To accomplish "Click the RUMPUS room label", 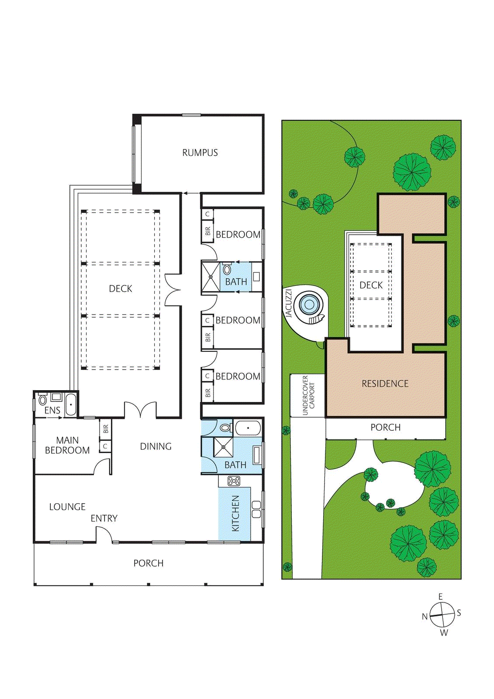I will (200, 153).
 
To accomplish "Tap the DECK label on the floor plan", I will (121, 289).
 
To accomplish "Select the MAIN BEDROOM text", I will (67, 445).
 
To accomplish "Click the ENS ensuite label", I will (52, 411).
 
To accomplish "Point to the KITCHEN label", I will (235, 513).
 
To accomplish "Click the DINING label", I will (155, 446).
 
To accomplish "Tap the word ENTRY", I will (104, 519).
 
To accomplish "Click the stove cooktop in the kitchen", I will (234, 481).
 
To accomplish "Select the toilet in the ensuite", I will (43, 400).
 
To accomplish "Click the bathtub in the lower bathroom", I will (248, 428).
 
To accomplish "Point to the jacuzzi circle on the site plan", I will (309, 304).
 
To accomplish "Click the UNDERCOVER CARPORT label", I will (308, 395).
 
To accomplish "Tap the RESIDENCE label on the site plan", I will (385, 384).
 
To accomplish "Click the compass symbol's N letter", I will (424, 616).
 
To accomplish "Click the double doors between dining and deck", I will (140, 410).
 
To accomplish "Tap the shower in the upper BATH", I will (211, 277).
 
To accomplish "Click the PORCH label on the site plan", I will (385, 427).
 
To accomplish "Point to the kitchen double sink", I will (256, 509).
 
